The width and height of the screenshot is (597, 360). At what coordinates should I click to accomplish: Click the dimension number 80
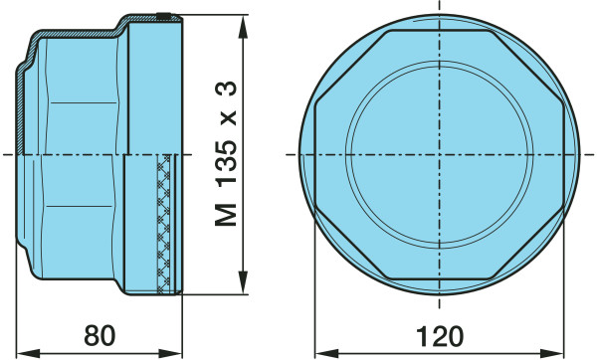tap(99, 336)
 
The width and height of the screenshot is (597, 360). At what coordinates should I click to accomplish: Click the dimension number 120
tap(440, 336)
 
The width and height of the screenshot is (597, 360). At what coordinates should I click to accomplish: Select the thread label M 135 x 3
tap(226, 154)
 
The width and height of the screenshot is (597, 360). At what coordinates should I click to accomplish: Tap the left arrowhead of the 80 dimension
tap(29, 353)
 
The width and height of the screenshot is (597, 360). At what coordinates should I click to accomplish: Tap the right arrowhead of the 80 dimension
tap(170, 353)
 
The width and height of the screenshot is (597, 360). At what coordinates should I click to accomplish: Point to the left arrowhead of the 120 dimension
tap(327, 353)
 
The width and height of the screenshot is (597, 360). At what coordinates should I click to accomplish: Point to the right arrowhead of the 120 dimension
tap(551, 353)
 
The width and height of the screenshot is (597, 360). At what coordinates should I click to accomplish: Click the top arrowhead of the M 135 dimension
tap(243, 27)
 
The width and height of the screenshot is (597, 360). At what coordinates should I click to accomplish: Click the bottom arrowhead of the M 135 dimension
tap(243, 282)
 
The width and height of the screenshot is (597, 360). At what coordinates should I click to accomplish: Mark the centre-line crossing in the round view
tap(440, 154)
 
